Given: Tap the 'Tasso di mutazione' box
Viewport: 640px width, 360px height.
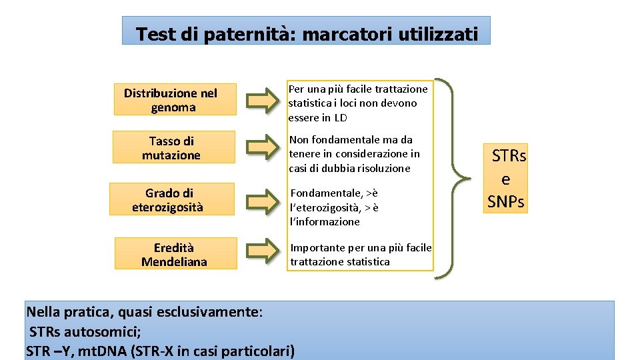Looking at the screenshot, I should pyautogui.click(x=174, y=147).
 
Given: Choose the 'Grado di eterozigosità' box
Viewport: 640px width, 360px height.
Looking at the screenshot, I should pyautogui.click(x=172, y=199).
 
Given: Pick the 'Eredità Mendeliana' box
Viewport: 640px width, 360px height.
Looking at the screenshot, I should pyautogui.click(x=175, y=253).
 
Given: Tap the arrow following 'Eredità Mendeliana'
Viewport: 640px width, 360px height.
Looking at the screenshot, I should pyautogui.click(x=262, y=252).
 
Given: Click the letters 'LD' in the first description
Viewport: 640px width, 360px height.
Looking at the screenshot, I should pyautogui.click(x=341, y=118).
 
